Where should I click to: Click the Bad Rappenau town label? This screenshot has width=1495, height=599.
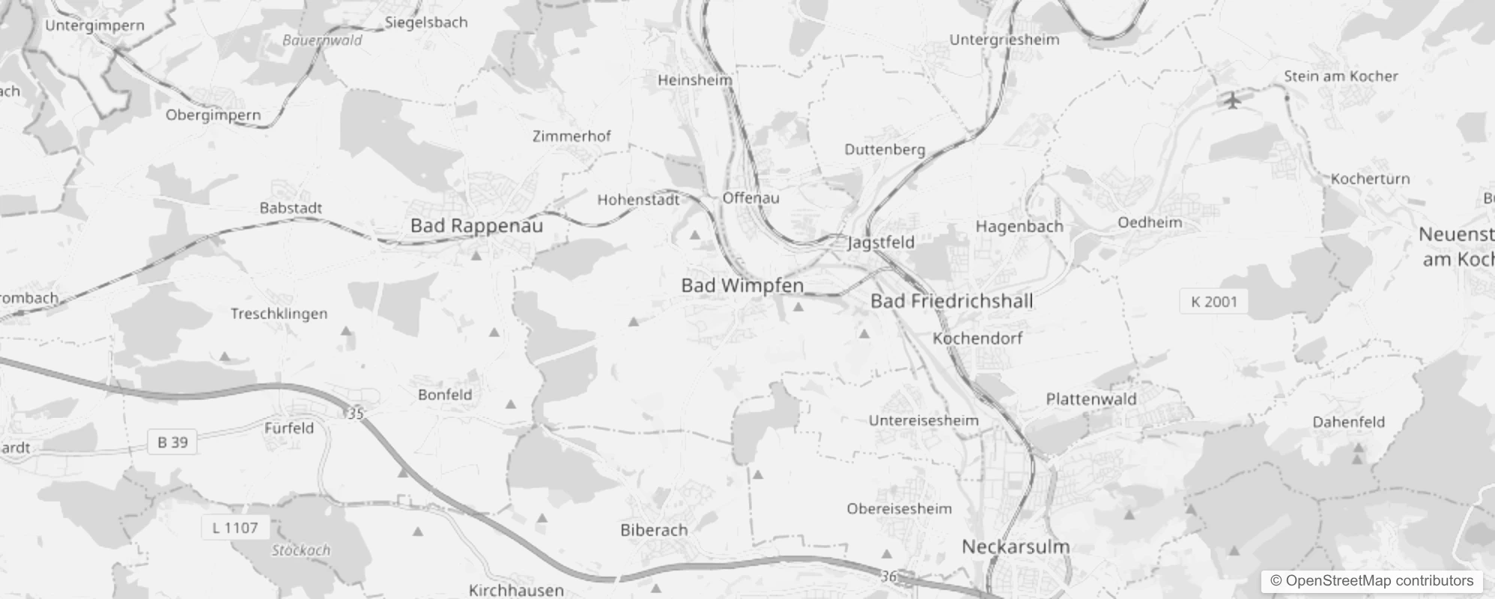coord(476,225)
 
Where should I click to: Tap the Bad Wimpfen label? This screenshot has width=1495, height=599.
coord(742,285)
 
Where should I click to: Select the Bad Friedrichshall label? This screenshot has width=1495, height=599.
coord(951,301)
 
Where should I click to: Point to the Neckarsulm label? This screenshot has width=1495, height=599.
coord(1015,547)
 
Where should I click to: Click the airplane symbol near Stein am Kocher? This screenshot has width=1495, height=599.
coord(1233,100)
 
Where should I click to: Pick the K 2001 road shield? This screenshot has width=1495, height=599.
coord(1214,302)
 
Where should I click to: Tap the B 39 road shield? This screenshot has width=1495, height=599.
coord(172,443)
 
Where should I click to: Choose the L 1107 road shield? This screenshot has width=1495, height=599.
coord(234,528)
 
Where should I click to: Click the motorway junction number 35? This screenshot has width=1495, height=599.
coord(356,413)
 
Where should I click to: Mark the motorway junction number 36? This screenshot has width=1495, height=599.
coord(888,576)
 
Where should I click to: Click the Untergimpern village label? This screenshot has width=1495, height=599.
coord(94,25)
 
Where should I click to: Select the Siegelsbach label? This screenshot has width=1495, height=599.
coord(426,22)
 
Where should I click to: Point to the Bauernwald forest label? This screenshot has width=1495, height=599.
coord(322,40)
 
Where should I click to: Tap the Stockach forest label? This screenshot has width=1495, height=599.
coord(300,550)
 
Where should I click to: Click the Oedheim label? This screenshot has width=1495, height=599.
coord(1150,222)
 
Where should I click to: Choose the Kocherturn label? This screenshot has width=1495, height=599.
coord(1370,179)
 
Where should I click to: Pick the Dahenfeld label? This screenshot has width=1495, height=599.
coord(1348,422)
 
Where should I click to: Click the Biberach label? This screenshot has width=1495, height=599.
coord(654,530)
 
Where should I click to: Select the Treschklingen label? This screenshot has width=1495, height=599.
coord(279,314)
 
